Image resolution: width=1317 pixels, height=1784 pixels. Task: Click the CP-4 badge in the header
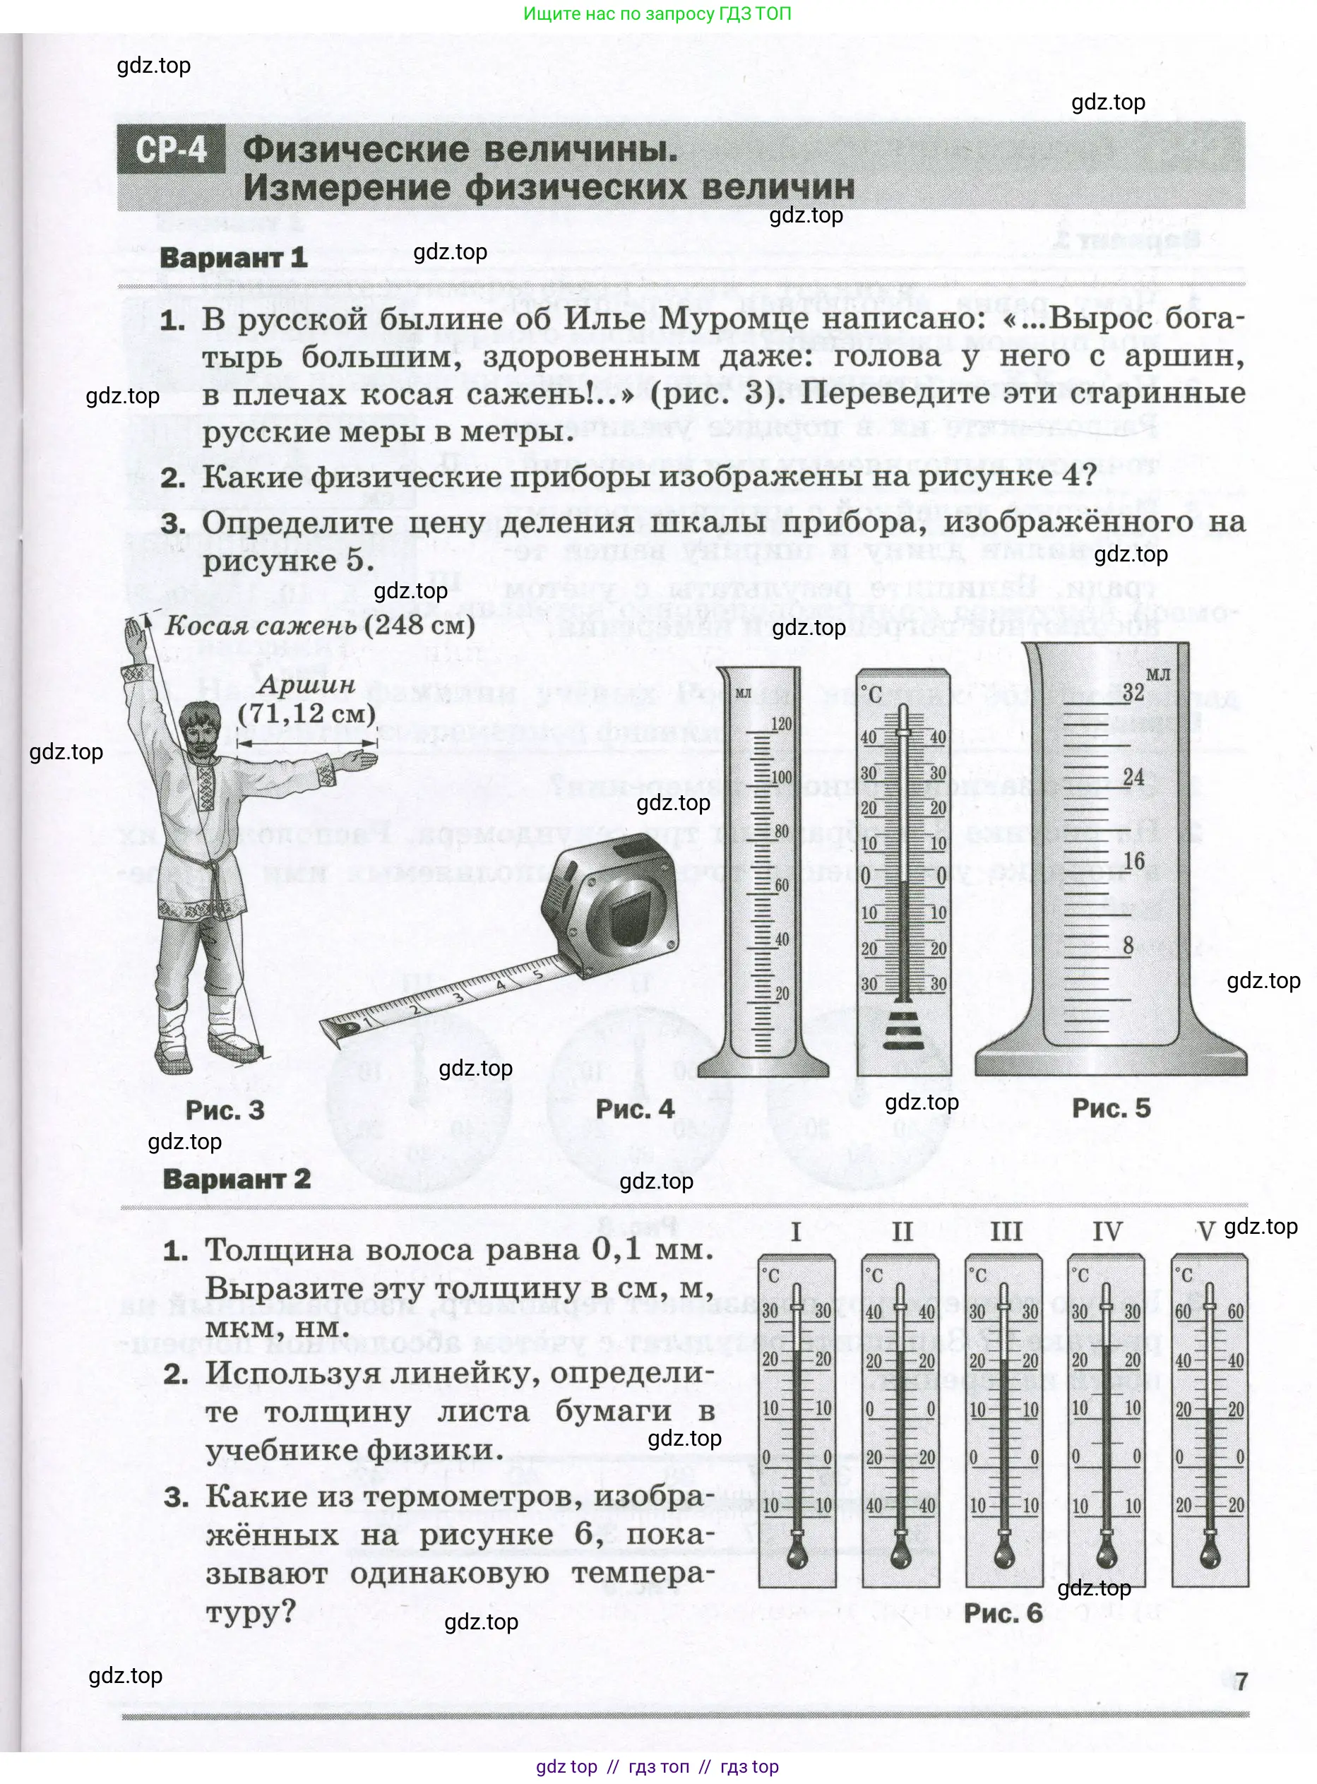click(171, 150)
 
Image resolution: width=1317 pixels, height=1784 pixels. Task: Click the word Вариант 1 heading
click(234, 258)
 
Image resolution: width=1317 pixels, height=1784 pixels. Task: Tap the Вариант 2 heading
click(236, 1179)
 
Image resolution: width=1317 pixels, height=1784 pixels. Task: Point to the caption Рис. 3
click(225, 1110)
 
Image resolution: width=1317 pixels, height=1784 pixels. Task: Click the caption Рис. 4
click(635, 1109)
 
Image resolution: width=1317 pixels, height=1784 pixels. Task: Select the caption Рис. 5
click(1111, 1108)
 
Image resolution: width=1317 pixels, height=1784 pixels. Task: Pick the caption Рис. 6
click(1003, 1613)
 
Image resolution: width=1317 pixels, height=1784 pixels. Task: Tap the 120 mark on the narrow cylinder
click(781, 724)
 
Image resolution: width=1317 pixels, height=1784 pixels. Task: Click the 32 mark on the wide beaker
click(1133, 692)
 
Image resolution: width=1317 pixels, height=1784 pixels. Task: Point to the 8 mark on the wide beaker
click(1128, 946)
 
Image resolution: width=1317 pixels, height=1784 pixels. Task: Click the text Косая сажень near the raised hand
click(260, 626)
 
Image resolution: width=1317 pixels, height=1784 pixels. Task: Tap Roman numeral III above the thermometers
click(1006, 1232)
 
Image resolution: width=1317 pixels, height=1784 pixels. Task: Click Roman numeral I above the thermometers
click(796, 1232)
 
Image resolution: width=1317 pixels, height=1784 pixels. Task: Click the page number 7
click(1241, 1682)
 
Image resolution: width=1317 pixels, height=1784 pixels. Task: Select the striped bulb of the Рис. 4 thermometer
click(903, 1028)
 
